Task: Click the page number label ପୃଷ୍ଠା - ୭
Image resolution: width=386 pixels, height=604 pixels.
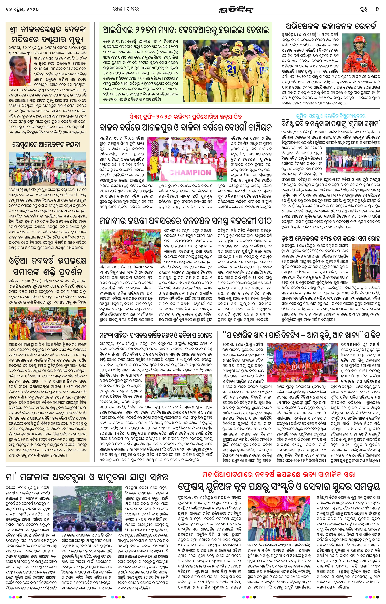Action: pos(368,9)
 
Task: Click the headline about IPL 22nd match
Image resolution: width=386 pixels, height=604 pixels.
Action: pos(186,30)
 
